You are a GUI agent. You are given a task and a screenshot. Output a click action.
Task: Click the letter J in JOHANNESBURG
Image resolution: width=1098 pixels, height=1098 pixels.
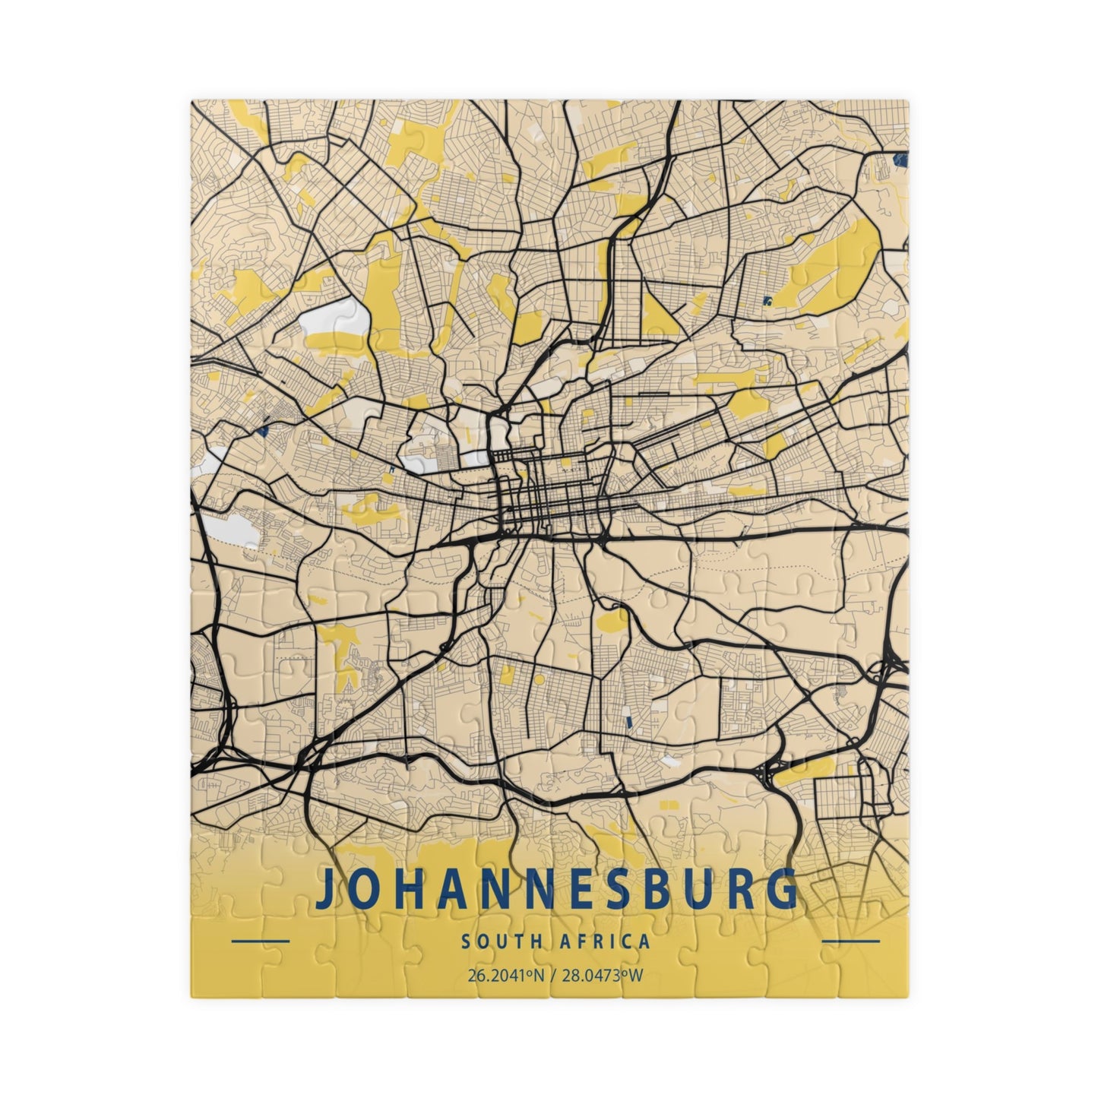click(x=326, y=890)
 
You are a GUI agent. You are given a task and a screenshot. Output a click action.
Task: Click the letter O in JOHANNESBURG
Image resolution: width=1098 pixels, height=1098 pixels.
click(x=364, y=888)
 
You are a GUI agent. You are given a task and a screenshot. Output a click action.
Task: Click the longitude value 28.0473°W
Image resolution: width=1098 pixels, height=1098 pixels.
click(x=602, y=975)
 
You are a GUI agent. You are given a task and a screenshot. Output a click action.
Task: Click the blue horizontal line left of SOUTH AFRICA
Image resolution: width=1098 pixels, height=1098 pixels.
click(x=259, y=941)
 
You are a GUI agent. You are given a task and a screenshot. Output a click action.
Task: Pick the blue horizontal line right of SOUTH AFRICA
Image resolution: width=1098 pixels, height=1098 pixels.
click(x=851, y=941)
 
